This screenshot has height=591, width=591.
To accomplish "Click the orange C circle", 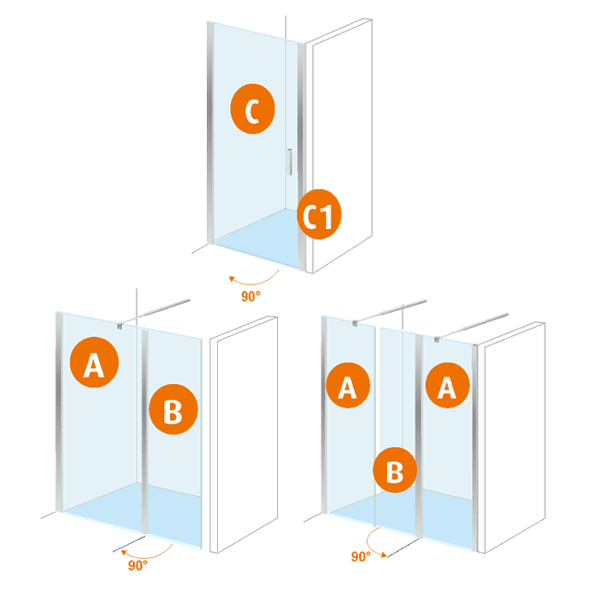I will pyautogui.click(x=252, y=111).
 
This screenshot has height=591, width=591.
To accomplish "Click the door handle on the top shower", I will pyautogui.click(x=290, y=162).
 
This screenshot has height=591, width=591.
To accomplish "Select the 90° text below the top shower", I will pyautogui.click(x=250, y=295).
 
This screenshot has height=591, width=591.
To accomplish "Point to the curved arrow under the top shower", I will pyautogui.click(x=254, y=278).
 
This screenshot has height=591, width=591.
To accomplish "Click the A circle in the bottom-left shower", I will pyautogui.click(x=93, y=367).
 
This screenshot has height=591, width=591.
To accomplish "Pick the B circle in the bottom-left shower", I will pyautogui.click(x=173, y=412).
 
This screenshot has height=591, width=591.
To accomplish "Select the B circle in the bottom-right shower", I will pyautogui.click(x=395, y=472).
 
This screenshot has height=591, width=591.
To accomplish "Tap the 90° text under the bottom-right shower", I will pyautogui.click(x=359, y=557).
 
